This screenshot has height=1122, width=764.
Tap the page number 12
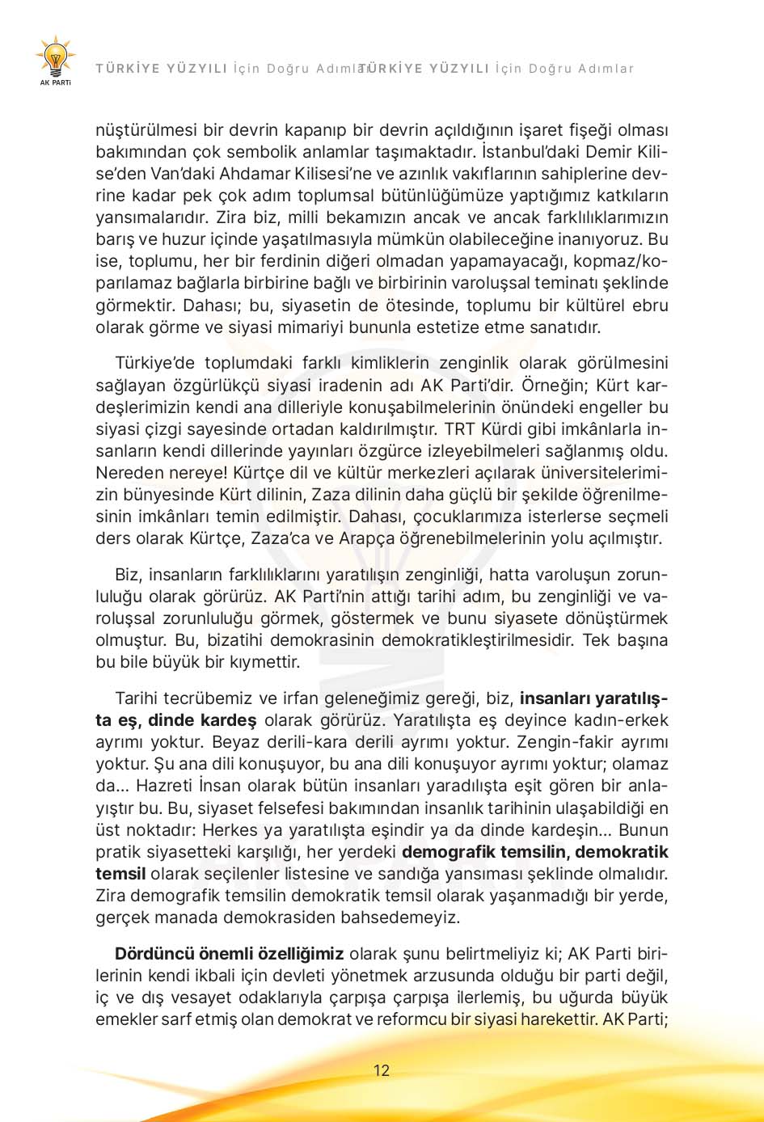pyautogui.click(x=382, y=1070)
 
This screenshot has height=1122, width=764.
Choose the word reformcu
pyautogui.click(x=412, y=1019)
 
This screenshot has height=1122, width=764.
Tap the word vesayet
pyautogui.click(x=184, y=997)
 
